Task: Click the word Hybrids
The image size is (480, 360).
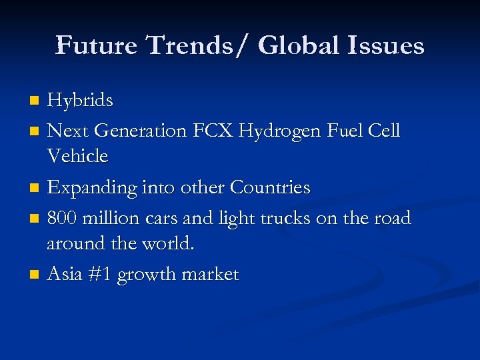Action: click(80, 101)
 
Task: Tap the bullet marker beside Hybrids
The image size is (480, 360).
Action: click(35, 101)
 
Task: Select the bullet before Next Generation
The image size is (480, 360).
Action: click(35, 131)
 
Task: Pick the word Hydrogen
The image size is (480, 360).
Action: click(291, 131)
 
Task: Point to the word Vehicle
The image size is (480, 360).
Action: click(77, 156)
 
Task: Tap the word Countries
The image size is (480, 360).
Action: click(270, 188)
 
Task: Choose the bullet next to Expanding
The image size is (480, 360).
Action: click(35, 189)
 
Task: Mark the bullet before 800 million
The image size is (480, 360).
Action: click(35, 219)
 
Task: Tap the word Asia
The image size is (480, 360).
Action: click(65, 274)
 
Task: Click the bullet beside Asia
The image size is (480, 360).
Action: click(35, 275)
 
